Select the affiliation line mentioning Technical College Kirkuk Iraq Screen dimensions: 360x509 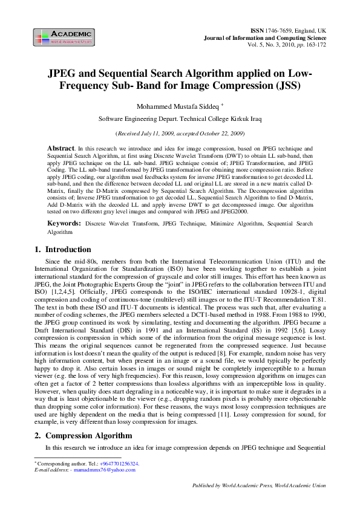click(180, 120)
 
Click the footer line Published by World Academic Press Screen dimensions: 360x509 click(258, 502)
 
